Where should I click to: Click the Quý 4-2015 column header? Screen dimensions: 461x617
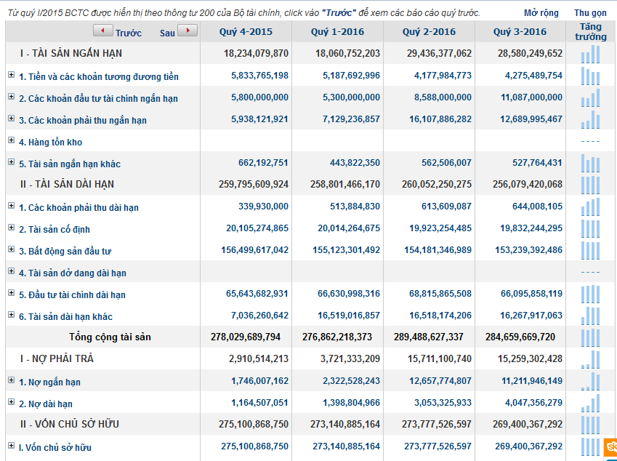tap(246, 32)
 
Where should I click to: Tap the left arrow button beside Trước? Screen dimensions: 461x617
tap(103, 31)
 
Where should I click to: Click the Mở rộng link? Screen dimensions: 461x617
tap(541, 13)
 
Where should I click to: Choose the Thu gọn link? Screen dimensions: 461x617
tap(590, 13)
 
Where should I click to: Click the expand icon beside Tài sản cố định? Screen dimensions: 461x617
tap(11, 228)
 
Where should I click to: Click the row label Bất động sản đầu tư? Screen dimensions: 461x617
tap(65, 251)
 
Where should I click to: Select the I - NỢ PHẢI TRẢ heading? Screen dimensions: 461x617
tap(57, 359)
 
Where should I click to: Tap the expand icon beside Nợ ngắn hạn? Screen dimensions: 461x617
tap(11, 381)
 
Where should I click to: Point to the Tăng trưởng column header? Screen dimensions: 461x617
tap(590, 32)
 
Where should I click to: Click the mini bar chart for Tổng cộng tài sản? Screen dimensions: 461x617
tap(590, 337)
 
